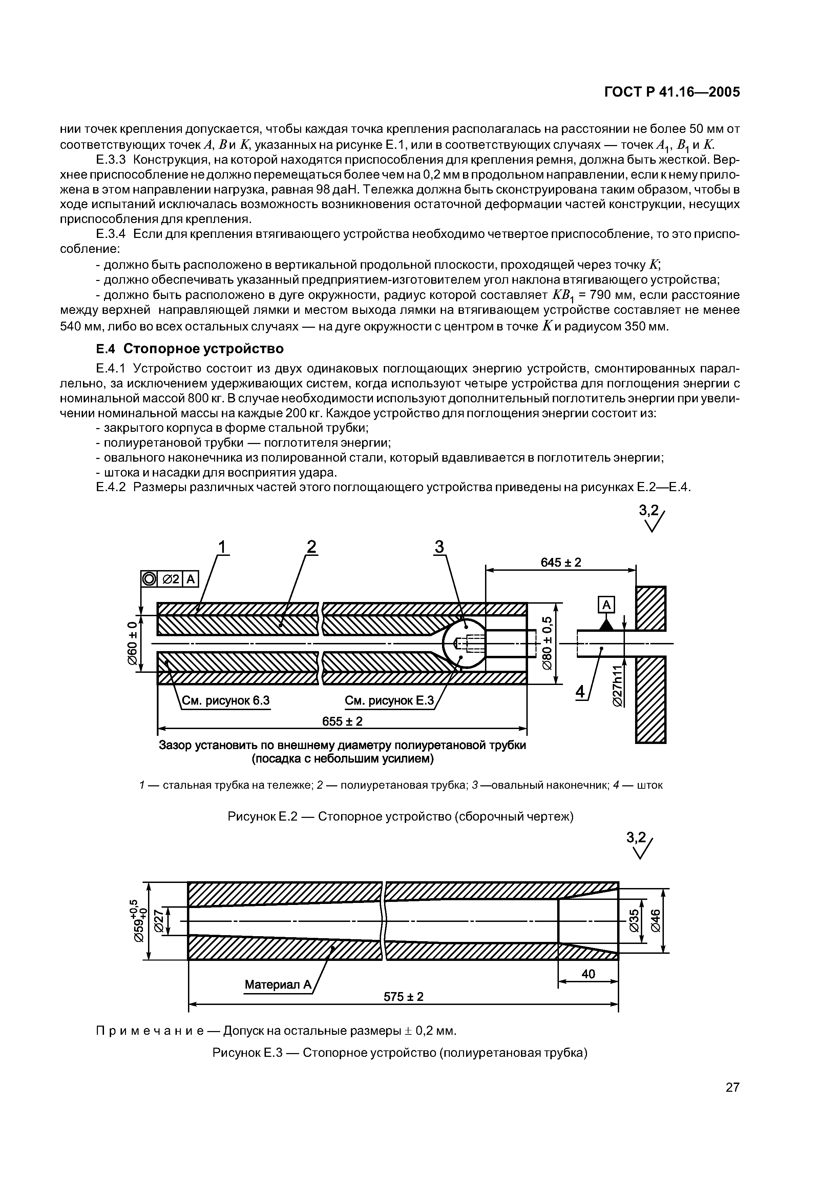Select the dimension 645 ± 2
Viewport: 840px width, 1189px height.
coord(561,562)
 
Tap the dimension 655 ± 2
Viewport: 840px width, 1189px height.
coord(342,721)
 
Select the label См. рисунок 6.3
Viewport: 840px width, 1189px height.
coord(225,701)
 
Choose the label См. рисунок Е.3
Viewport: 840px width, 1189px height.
coord(389,701)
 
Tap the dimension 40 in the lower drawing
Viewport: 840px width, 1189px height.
coord(588,973)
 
